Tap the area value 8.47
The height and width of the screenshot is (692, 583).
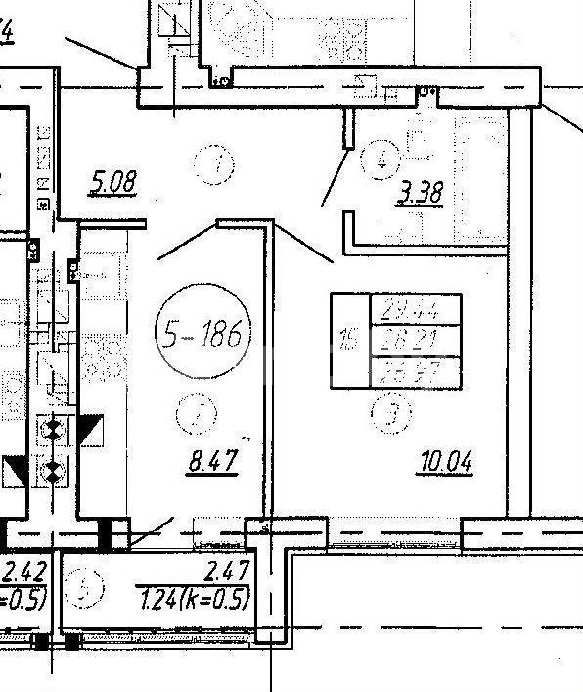tap(211, 459)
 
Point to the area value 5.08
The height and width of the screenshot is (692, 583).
tap(112, 182)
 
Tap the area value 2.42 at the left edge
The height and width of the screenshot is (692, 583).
tap(23, 572)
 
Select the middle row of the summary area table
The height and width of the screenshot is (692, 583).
tap(415, 341)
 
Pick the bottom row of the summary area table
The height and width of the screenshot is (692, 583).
tap(415, 372)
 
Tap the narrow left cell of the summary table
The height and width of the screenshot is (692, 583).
tap(348, 341)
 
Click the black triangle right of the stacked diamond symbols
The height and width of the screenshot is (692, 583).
tap(90, 429)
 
